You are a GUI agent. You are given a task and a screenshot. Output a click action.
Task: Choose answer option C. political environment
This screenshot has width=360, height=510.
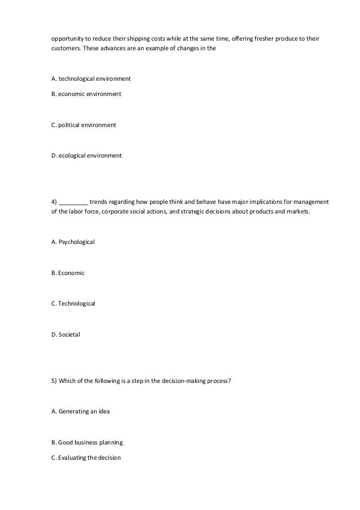[84, 124]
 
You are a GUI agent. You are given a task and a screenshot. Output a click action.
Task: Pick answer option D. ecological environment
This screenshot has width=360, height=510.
[86, 155]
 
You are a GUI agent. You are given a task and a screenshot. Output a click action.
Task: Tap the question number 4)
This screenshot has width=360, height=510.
[54, 201]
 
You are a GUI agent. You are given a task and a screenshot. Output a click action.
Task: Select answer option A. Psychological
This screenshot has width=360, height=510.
[73, 242]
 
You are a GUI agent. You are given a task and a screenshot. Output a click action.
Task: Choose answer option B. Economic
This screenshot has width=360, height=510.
[68, 273]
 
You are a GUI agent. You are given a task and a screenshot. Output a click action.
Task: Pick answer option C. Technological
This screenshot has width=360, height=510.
[73, 304]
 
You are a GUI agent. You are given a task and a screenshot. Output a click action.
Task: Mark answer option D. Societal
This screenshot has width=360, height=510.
[65, 335]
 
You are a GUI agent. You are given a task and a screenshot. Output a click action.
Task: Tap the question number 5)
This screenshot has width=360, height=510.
[54, 380]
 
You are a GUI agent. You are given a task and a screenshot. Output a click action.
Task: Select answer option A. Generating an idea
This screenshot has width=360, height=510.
[81, 411]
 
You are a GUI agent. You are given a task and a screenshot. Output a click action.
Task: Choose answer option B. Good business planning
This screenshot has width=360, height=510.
[87, 442]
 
